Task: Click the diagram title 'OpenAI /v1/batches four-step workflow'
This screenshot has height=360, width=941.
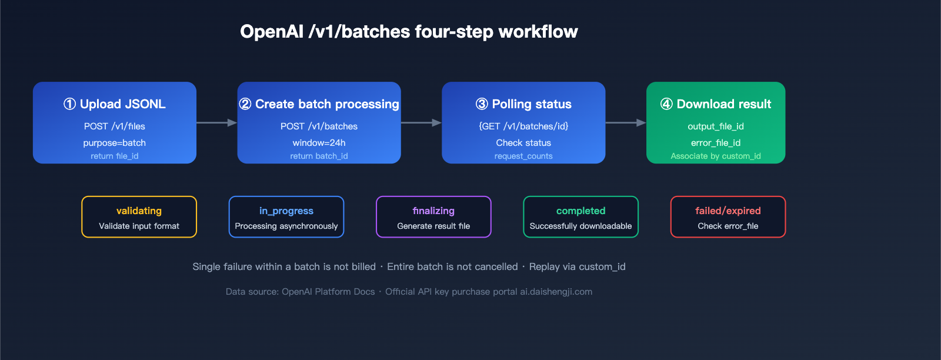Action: click(409, 32)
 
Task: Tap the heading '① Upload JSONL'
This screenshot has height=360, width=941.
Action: click(115, 104)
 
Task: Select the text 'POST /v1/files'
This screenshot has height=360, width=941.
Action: click(115, 126)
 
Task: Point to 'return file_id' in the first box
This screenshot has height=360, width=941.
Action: click(115, 156)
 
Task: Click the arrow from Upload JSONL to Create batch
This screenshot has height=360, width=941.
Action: click(216, 123)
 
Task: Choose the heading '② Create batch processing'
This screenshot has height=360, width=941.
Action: click(319, 104)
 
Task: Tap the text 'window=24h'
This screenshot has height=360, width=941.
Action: click(319, 143)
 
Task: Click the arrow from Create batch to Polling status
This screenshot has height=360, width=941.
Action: click(421, 123)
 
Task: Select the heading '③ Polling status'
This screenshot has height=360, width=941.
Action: click(523, 104)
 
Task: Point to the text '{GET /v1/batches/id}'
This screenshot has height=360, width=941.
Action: click(523, 126)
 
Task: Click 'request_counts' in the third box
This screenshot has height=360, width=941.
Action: click(523, 156)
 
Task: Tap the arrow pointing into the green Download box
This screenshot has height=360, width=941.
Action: click(626, 123)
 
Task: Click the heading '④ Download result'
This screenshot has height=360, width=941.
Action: click(716, 104)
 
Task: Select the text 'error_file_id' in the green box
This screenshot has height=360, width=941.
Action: click(716, 143)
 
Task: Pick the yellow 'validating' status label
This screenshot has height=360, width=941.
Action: click(139, 211)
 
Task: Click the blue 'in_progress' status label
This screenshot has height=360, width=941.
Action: click(286, 211)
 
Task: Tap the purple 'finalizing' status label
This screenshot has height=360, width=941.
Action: click(433, 211)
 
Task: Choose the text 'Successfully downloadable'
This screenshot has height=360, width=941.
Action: click(580, 226)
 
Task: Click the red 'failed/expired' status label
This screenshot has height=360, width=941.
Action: click(728, 211)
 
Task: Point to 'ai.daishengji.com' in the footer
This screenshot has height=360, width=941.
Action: click(556, 292)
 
